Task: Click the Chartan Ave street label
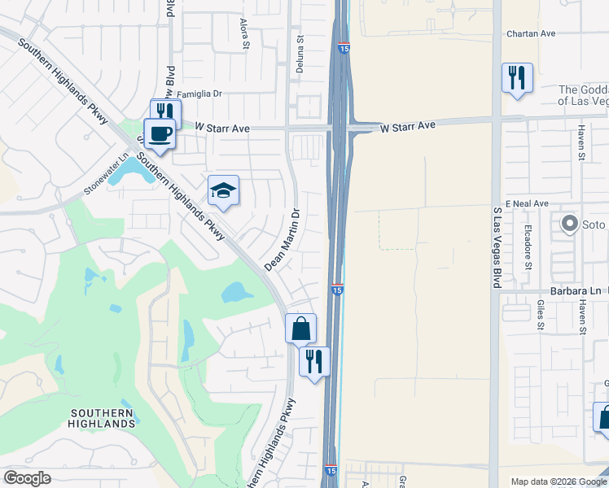click(530, 33)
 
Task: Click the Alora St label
click(244, 33)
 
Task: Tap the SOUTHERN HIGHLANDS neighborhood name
click(102, 418)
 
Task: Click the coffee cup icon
click(159, 132)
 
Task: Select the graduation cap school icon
click(223, 190)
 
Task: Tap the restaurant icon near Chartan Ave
click(517, 77)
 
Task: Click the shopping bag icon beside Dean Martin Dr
click(300, 329)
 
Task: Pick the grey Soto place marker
click(569, 222)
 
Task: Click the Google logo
click(27, 478)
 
